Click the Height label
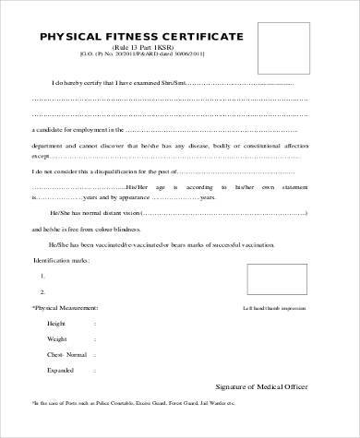pos(56,324)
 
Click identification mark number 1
pos(43,277)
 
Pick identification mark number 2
pos(43,292)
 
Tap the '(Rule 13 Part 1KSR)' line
pos(141,46)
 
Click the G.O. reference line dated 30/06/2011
pos(141,55)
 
